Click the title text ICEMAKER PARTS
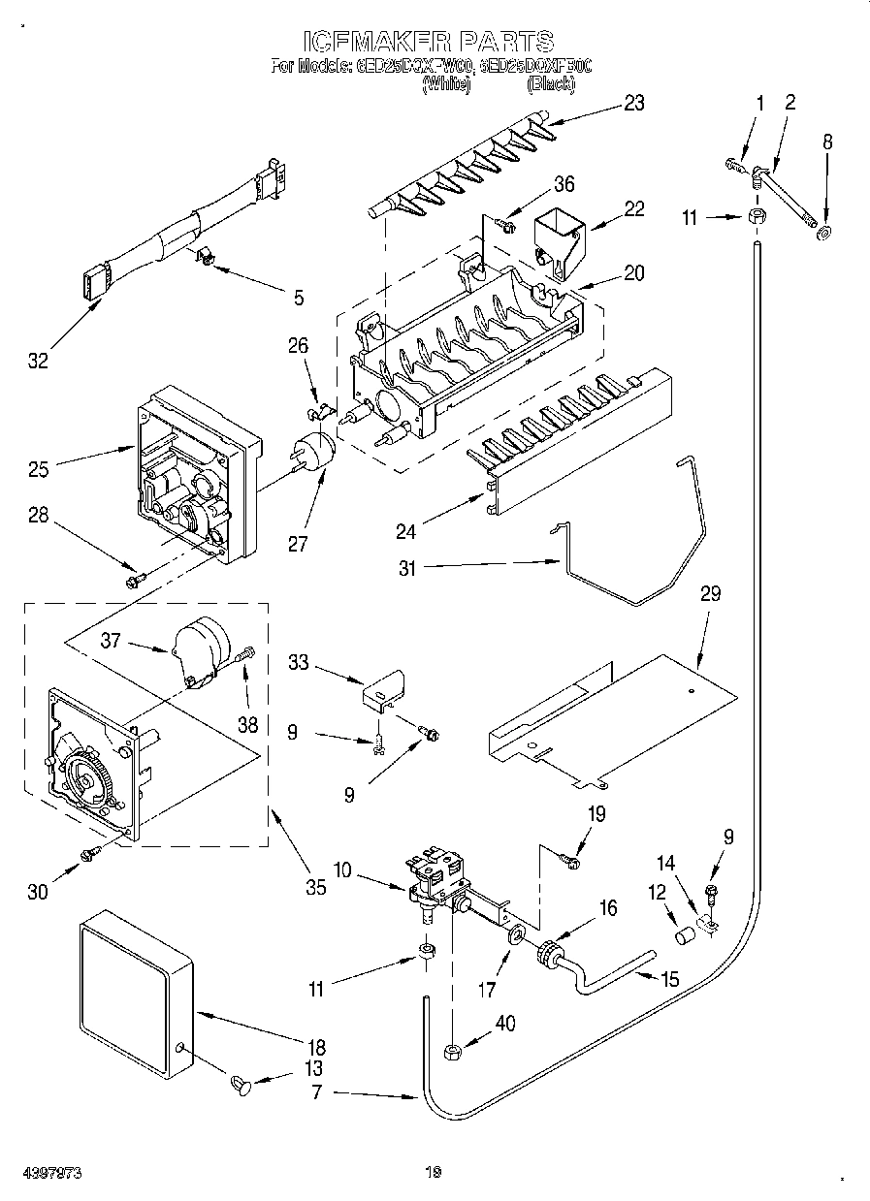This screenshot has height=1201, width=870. click(429, 41)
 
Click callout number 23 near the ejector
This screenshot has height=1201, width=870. click(633, 104)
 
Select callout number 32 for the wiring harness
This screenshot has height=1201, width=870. click(37, 361)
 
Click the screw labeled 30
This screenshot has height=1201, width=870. click(91, 852)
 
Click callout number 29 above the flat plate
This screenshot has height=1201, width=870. click(710, 593)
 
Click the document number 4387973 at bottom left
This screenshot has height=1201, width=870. click(52, 1173)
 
